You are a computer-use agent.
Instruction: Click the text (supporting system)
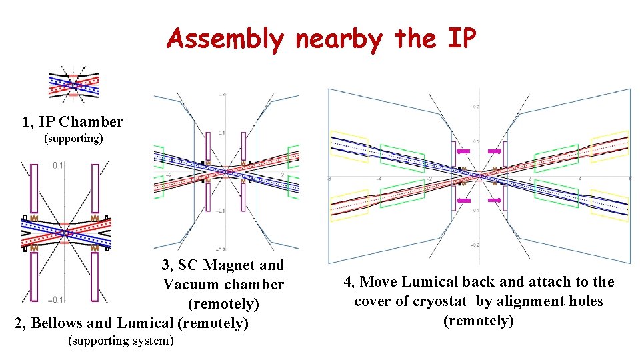(121, 341)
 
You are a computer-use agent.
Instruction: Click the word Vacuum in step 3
(188, 285)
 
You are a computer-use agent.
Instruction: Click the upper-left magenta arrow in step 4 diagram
(463, 152)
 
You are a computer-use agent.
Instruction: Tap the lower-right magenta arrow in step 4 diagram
(495, 200)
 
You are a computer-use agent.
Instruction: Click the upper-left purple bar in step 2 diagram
(35, 188)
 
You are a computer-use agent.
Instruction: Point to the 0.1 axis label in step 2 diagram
(59, 165)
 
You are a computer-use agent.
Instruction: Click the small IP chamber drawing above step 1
(73, 83)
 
